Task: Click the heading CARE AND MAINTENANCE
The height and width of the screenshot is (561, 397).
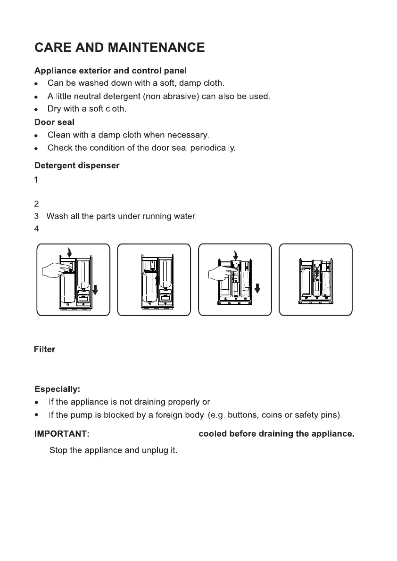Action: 119,48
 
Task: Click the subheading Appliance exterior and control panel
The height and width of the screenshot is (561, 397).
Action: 110,71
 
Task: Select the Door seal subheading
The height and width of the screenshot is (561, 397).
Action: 54,122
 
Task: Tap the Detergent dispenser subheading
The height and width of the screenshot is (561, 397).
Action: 77,166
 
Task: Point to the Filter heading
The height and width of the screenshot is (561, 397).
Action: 44,350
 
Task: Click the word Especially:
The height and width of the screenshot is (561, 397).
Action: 57,390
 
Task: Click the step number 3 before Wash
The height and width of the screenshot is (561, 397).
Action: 37,217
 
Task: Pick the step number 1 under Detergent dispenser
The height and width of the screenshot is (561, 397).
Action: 36,179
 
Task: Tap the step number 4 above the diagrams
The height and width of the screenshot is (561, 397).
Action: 37,229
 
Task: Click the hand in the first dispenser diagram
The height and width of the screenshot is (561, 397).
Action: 53,271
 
